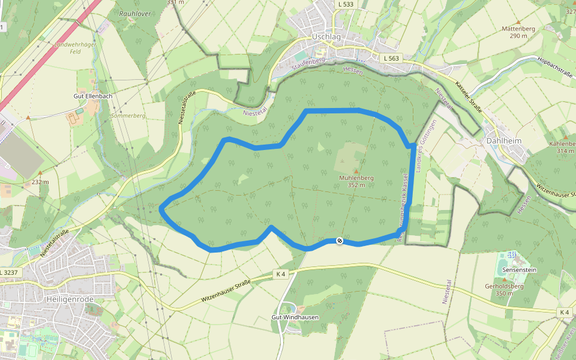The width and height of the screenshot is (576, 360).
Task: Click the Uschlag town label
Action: pos(326,37)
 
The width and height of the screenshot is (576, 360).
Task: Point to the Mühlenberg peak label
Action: pos(356,178)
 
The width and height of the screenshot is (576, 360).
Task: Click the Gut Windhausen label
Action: pos(295,317)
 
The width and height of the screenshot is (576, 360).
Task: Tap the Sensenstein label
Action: pos(520,271)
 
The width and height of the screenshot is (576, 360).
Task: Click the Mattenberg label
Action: pos(518,28)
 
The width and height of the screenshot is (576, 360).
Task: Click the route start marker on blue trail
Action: pos(340,241)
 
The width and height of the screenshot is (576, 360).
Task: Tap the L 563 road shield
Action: pos(391,58)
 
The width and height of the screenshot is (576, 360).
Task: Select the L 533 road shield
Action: pos(346,5)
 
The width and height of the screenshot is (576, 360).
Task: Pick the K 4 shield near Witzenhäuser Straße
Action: pos(281,274)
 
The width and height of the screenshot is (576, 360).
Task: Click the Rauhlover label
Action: pos(134,13)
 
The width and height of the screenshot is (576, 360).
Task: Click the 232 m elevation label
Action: pos(40,181)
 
